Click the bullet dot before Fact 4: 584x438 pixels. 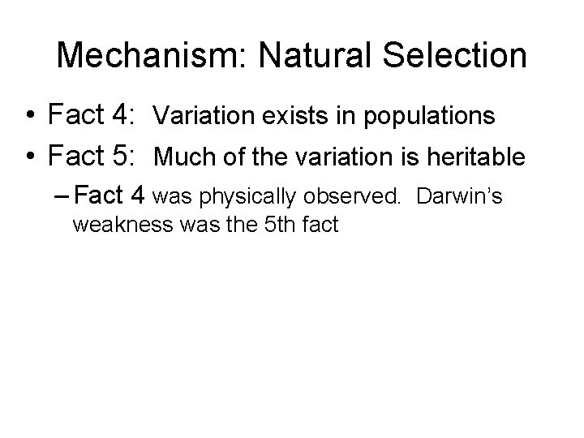point(29,117)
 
